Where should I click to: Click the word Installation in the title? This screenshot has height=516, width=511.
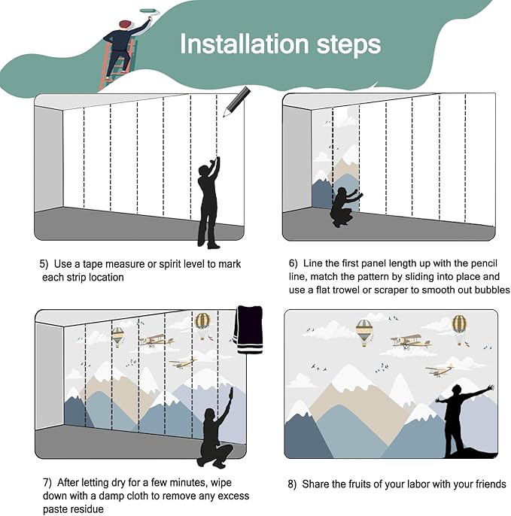[245, 44]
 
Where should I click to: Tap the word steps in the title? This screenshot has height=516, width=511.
[348, 45]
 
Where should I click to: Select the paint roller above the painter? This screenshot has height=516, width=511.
[150, 12]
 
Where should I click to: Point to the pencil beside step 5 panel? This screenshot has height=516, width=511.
[237, 102]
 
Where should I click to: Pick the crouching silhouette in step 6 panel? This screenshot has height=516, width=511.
[345, 207]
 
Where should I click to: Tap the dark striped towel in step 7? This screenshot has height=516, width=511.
[249, 329]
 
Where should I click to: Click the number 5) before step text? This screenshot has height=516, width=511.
[44, 264]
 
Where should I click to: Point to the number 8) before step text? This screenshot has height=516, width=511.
[292, 484]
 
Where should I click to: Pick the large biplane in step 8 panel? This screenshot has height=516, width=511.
[411, 342]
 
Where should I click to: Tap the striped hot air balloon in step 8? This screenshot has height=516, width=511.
[364, 332]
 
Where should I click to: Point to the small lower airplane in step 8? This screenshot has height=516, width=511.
[440, 370]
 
